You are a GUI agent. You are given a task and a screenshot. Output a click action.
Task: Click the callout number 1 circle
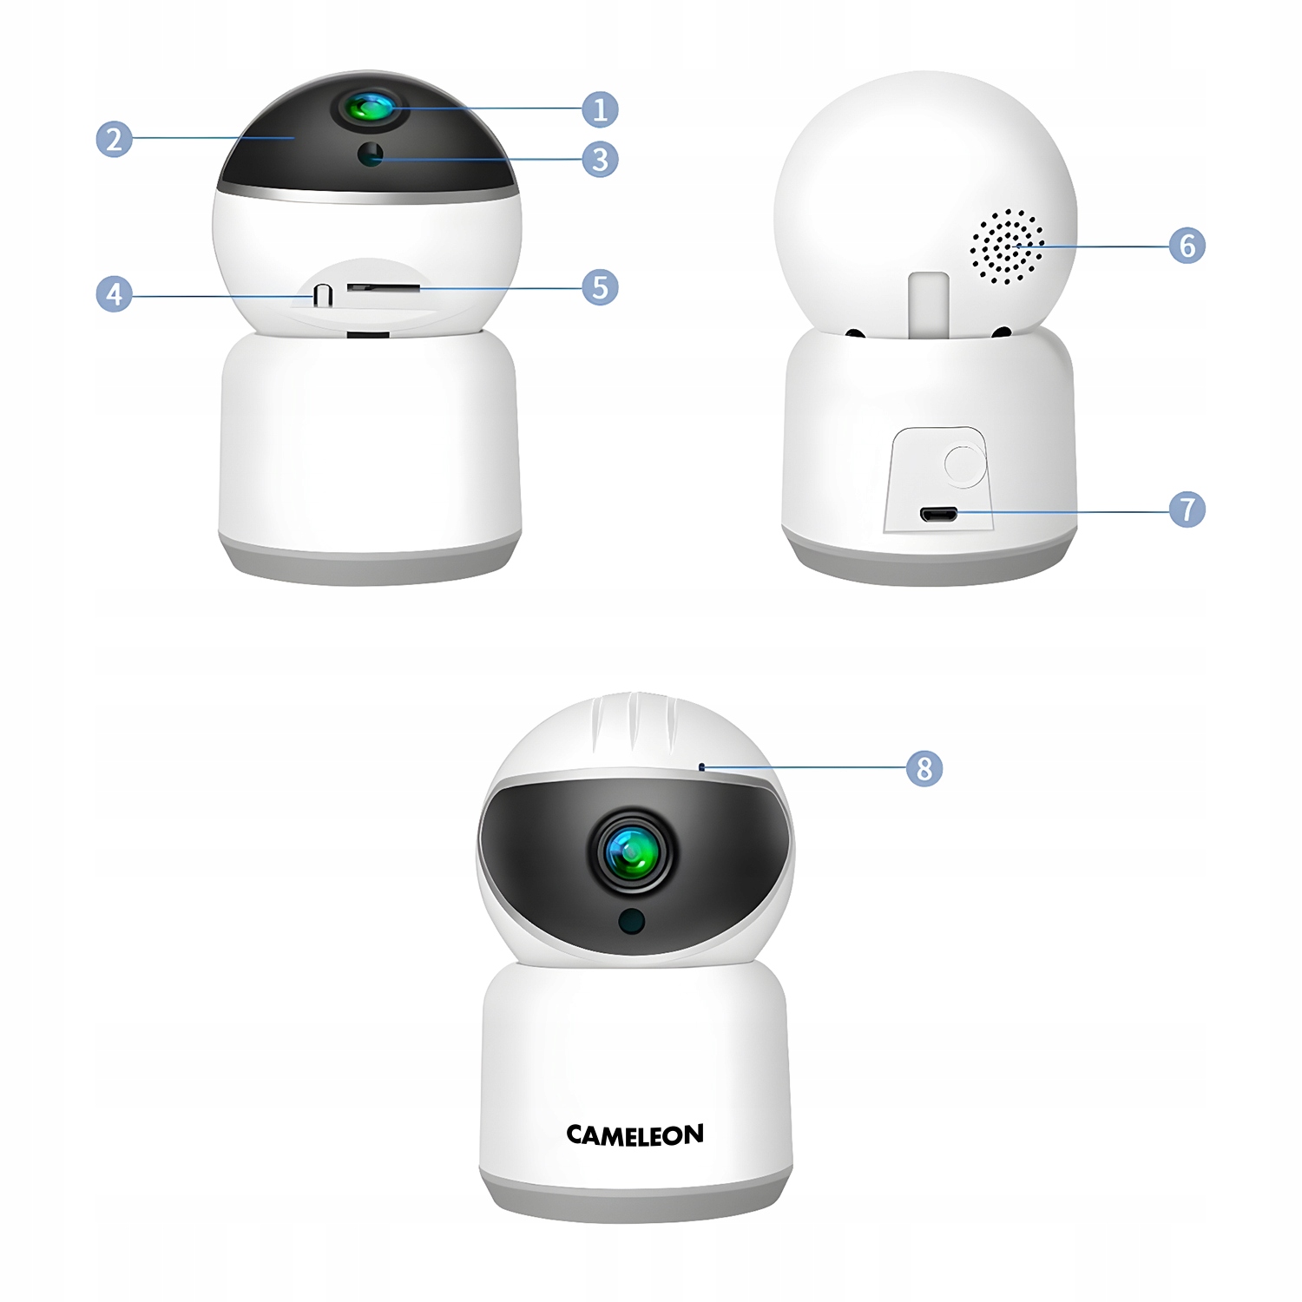600,109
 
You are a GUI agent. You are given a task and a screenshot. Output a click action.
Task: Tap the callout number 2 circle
114,139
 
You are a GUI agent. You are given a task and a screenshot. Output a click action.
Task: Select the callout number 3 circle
600,160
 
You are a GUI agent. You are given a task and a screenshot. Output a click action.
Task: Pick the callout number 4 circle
114,294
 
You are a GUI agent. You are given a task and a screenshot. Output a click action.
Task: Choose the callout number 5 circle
600,287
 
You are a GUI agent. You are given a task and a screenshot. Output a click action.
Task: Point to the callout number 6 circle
1187,246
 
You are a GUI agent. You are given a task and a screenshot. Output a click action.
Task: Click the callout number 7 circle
1187,509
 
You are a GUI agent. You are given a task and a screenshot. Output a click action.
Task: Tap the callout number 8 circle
924,768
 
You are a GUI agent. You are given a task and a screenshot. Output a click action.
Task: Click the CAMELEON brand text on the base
635,1135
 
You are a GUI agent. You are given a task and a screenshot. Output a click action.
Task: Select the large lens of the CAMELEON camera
633,853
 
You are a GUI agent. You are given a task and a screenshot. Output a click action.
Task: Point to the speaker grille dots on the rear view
1007,247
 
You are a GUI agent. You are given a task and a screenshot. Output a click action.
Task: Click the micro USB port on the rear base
938,515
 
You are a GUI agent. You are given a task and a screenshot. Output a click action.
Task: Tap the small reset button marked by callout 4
323,294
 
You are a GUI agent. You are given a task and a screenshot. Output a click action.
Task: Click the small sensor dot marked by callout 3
371,155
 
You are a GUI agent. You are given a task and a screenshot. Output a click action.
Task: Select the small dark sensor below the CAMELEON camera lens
631,921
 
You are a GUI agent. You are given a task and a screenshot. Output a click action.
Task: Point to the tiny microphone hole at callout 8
701,767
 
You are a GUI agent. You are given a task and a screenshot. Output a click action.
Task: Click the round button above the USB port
963,464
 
